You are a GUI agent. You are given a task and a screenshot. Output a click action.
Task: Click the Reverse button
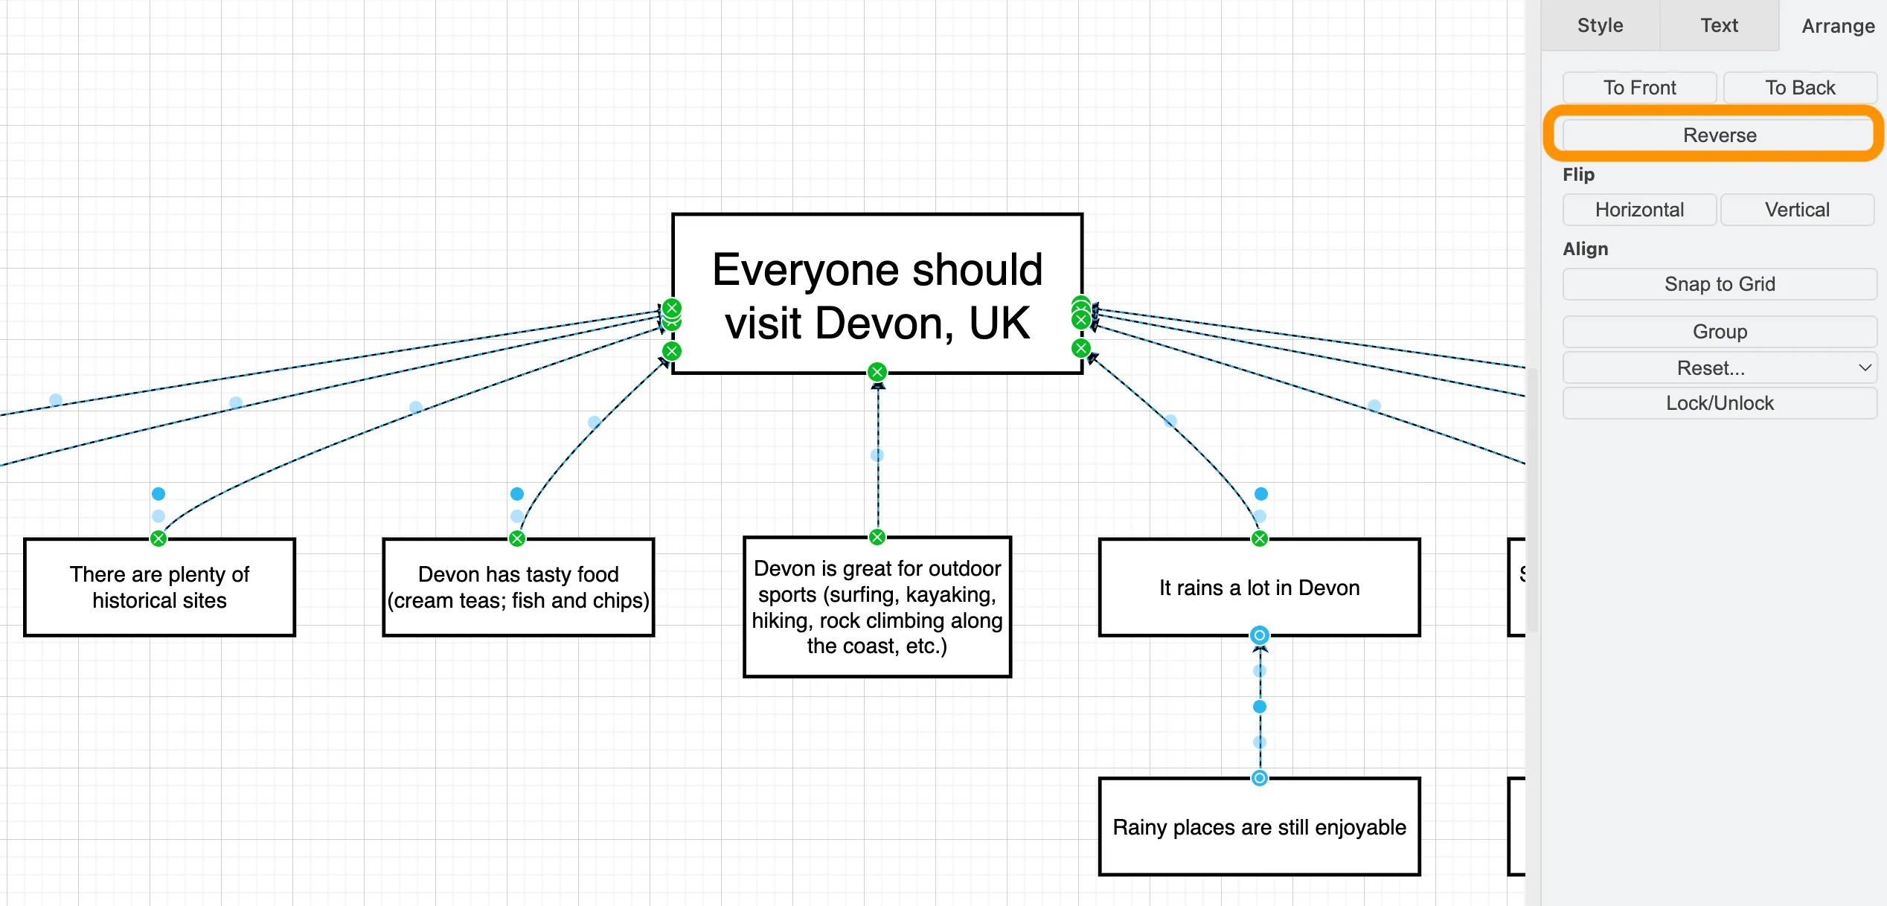point(1719,135)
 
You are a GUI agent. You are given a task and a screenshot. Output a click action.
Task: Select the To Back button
point(1799,88)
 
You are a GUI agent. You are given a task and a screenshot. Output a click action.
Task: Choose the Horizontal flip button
point(1639,210)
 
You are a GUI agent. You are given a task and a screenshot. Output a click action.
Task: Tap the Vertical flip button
point(1796,210)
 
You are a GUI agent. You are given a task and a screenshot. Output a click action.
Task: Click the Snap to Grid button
point(1719,284)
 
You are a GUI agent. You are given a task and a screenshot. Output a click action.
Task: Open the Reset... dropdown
point(1719,368)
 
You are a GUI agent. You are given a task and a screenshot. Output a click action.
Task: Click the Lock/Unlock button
point(1719,403)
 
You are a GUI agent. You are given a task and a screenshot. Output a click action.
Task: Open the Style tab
point(1600,25)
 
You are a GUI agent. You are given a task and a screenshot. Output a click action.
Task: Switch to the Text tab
point(1719,25)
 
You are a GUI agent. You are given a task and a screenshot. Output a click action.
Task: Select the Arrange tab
point(1837,26)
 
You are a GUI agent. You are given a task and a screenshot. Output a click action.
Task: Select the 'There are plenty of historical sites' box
point(159,588)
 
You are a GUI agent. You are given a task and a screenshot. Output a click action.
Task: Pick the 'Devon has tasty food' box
point(518,588)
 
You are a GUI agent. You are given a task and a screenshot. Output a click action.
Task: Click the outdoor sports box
point(877,607)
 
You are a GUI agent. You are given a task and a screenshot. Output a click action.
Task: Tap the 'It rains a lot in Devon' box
point(1259,588)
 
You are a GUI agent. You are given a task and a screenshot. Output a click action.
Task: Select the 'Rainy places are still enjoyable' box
point(1259,827)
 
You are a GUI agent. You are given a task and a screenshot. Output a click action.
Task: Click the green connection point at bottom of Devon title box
point(877,372)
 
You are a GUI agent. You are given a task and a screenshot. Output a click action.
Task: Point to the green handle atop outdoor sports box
point(877,537)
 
